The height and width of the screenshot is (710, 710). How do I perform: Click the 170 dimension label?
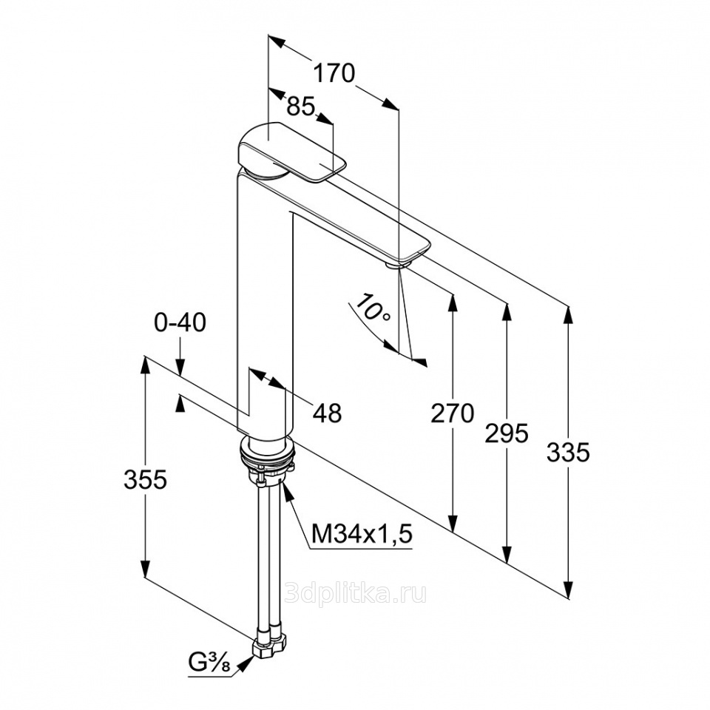[334, 73]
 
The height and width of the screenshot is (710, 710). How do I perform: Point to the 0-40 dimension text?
[180, 323]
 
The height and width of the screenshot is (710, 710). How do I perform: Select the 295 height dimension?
[507, 433]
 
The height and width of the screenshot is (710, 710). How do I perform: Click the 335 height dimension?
[568, 451]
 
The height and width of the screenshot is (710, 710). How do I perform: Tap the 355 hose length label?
[145, 480]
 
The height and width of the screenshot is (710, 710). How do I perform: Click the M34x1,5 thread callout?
[361, 533]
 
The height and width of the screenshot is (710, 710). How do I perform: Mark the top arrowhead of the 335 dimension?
[568, 314]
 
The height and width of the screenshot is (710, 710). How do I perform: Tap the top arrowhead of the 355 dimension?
[145, 364]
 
